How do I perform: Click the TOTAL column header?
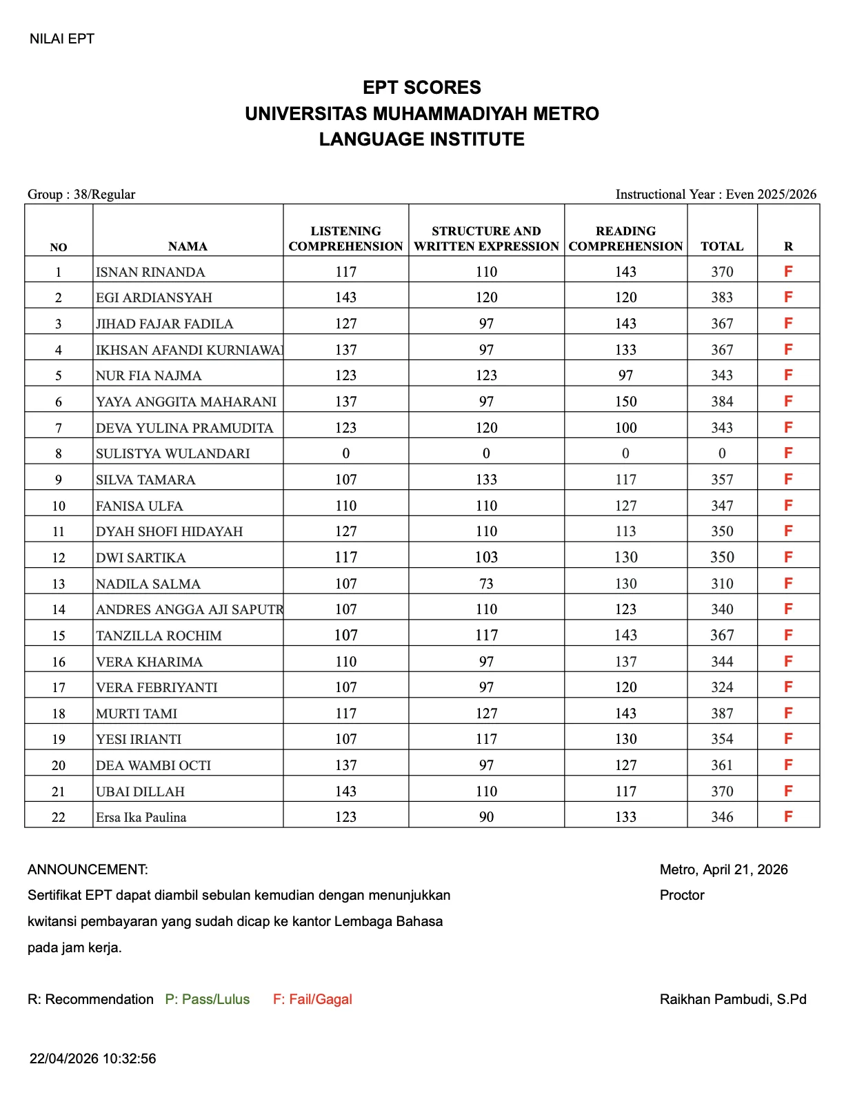pos(721,246)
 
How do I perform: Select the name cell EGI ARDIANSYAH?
pos(154,297)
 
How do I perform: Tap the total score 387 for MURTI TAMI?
pos(721,713)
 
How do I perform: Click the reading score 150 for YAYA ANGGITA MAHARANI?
pos(625,402)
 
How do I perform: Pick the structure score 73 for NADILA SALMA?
pos(486,584)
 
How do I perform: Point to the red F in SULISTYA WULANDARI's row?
pos(788,453)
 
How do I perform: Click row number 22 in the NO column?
pos(59,817)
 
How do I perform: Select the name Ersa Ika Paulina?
pos(141,817)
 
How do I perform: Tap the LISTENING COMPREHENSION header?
pos(345,239)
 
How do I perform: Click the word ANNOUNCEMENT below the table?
pos(88,869)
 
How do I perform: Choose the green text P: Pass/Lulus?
pos(208,999)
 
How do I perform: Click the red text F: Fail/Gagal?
pos(312,999)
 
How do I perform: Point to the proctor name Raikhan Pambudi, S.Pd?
pos(732,999)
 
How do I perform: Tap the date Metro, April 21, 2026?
pos(723,869)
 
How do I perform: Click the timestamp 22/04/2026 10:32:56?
pos(92,1058)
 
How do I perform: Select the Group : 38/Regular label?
pos(81,195)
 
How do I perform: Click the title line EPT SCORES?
pos(421,88)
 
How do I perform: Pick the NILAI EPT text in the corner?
pos(61,39)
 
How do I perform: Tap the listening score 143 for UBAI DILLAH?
pos(345,791)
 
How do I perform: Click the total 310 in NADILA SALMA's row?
pos(721,584)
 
